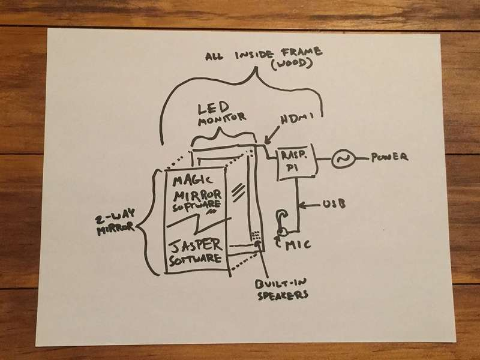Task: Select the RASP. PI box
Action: pos(295,161)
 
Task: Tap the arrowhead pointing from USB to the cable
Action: pos(302,206)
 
